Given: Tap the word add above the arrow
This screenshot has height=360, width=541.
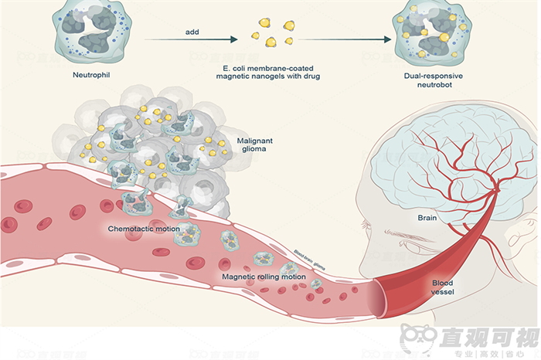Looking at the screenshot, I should click(x=193, y=32).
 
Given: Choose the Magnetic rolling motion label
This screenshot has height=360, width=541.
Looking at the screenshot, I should click(x=264, y=276).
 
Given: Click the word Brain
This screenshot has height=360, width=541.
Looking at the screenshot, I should click(x=427, y=218).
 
